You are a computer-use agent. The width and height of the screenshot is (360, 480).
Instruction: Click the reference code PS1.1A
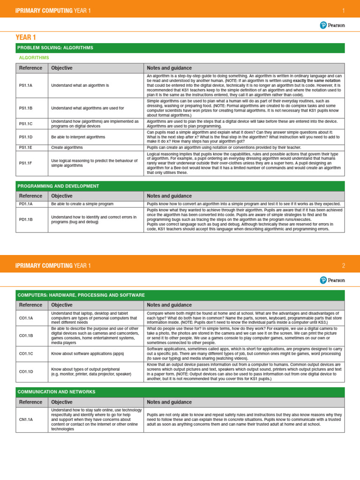[x=25, y=85]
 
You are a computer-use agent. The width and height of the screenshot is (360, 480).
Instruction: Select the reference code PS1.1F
[x=25, y=163]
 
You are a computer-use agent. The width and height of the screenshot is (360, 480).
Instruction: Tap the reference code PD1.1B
[x=26, y=219]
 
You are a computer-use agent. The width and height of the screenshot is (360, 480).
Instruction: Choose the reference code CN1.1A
[x=26, y=419]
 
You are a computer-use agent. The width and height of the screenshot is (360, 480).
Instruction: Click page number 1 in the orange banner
[x=343, y=10]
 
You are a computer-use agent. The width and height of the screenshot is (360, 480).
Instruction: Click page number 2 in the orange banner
[x=343, y=265]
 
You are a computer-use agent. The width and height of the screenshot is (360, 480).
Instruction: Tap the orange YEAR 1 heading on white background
[x=26, y=37]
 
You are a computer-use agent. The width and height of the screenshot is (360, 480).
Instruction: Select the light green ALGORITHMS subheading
[x=34, y=58]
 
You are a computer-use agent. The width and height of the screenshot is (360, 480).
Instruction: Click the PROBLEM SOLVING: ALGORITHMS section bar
[x=180, y=48]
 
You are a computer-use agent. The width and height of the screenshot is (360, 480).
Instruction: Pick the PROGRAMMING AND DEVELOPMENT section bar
[x=180, y=186]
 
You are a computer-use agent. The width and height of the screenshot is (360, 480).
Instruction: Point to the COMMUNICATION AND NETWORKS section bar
[x=180, y=392]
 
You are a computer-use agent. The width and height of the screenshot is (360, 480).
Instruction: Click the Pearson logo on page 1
[x=332, y=25]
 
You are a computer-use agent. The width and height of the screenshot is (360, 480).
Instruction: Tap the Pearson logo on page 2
[x=332, y=280]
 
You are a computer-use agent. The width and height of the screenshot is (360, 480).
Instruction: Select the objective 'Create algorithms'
[x=67, y=147]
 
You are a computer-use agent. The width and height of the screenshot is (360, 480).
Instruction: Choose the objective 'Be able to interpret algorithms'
[x=78, y=137]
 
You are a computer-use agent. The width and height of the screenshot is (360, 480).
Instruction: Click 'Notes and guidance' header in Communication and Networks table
[x=169, y=402]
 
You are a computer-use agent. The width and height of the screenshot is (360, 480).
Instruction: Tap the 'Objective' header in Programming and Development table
[x=61, y=196]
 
